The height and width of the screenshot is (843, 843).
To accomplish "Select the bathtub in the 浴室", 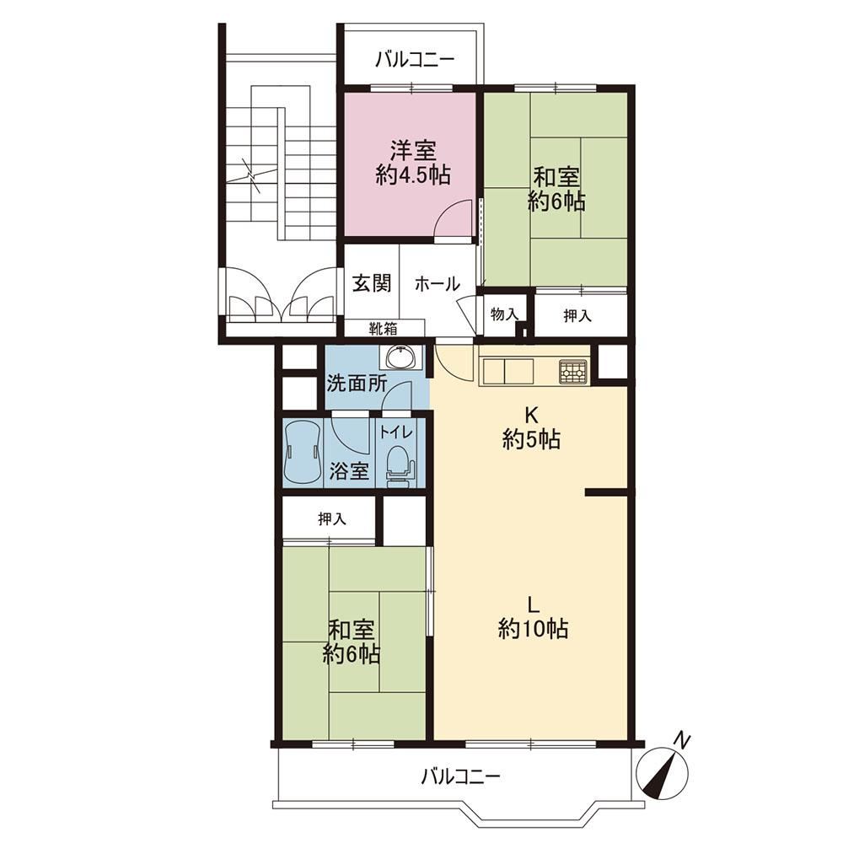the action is [x=302, y=453].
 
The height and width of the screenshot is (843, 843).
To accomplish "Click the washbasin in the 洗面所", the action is [x=401, y=357].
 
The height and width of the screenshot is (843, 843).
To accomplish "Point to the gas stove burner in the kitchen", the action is [x=573, y=371].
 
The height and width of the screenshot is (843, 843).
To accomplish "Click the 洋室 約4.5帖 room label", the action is [x=413, y=163].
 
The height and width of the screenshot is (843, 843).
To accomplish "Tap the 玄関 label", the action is [x=372, y=282].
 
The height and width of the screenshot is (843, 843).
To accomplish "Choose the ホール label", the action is [x=437, y=283].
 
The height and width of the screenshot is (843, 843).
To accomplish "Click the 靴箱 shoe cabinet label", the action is [x=383, y=327].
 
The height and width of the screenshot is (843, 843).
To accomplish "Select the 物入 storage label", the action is [x=504, y=314].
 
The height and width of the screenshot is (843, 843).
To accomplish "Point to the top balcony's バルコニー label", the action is [x=415, y=59].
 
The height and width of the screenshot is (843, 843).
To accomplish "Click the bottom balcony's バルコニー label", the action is [x=461, y=776].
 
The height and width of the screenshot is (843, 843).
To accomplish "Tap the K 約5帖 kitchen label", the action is [x=531, y=428].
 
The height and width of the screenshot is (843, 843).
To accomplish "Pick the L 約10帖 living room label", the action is [x=533, y=617].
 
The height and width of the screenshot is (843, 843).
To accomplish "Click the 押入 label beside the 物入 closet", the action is [x=577, y=316].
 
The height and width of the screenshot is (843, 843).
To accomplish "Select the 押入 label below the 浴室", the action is [x=331, y=518].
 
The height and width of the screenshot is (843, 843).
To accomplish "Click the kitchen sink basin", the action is [x=507, y=371].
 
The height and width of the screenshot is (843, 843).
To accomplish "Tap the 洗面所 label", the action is [x=357, y=384].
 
